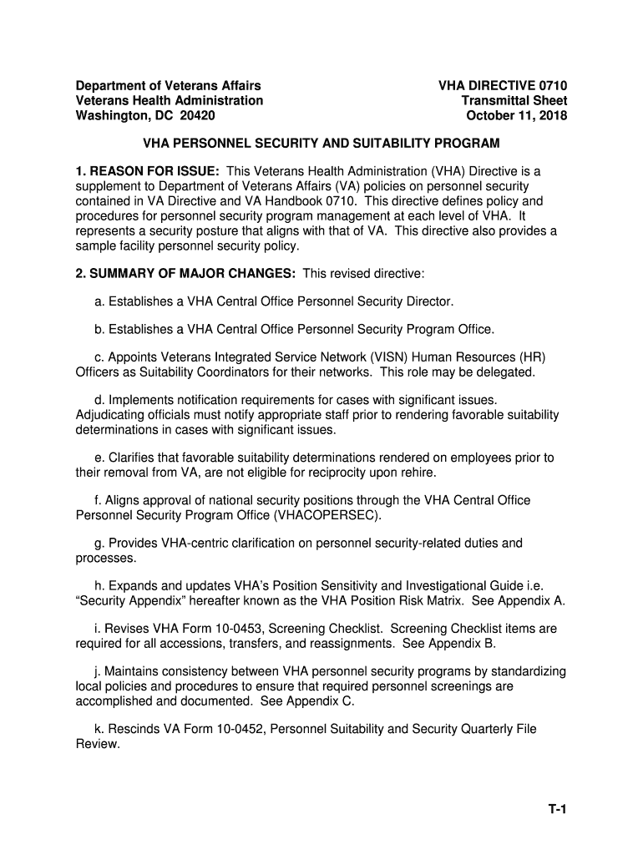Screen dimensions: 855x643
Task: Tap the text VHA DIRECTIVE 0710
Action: point(503,86)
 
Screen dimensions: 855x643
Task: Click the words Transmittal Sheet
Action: point(514,101)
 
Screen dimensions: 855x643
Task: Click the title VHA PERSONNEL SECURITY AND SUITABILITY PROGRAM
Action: point(321,143)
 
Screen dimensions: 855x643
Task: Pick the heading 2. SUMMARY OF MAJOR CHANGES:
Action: point(185,274)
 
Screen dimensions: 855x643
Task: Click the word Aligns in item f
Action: point(121,500)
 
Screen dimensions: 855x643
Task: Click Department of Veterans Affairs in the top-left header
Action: point(168,86)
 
